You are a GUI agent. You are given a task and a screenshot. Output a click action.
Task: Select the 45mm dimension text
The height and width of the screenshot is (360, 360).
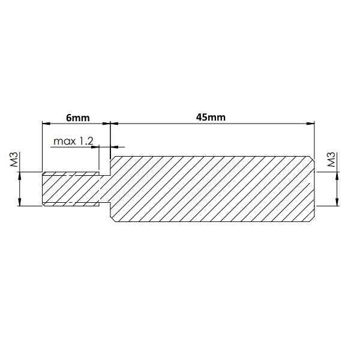point(211,118)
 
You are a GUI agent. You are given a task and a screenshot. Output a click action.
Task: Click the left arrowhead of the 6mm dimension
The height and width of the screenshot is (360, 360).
point(45,124)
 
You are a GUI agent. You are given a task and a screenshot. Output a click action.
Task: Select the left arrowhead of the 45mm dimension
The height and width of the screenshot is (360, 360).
point(115,124)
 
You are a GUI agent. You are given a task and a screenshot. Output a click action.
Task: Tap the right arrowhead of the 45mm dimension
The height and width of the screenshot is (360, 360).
point(311,124)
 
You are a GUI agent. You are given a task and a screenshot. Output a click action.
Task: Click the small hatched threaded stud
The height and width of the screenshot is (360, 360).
point(71,190)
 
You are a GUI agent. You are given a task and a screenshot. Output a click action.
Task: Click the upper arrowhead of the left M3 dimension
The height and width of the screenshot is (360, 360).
point(20,176)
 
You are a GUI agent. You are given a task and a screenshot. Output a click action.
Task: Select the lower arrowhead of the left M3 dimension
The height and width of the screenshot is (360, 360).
point(20,203)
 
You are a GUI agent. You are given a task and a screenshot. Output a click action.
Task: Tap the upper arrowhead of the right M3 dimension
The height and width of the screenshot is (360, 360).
point(338,176)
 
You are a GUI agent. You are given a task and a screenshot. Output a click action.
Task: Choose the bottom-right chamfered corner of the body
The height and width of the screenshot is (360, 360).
point(312,220)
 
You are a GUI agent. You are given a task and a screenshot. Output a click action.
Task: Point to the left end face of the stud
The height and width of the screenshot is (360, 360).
point(42,190)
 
